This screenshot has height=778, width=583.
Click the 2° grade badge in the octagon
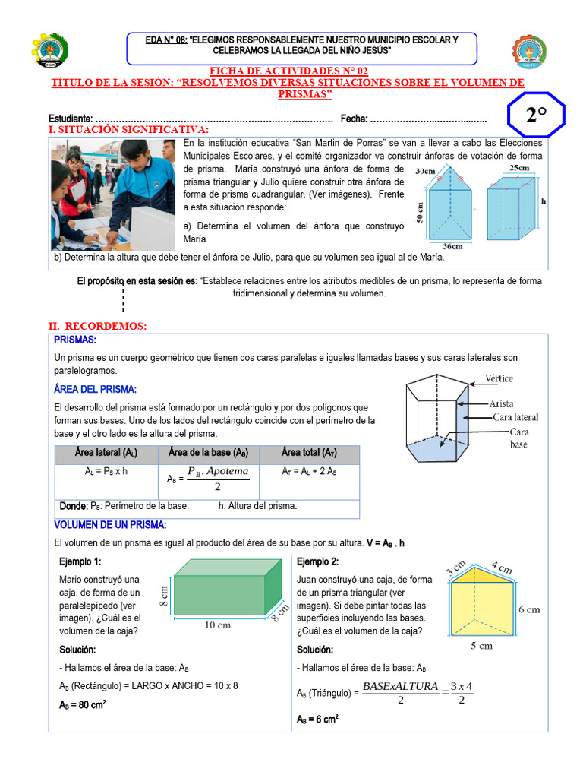tap(536, 115)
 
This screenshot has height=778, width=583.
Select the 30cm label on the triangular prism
tap(426, 172)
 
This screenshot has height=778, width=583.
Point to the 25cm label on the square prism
tap(519, 168)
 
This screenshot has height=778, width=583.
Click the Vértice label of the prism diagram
tap(498, 378)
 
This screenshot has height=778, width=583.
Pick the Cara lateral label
tap(515, 417)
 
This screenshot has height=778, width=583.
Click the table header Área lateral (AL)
tap(106, 453)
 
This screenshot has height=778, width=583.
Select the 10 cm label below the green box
tap(218, 625)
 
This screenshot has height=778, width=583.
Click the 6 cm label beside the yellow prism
tap(529, 609)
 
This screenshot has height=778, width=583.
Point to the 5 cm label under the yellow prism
tap(481, 646)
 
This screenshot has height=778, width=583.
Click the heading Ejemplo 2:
tap(317, 561)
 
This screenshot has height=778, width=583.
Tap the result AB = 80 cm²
tap(83, 704)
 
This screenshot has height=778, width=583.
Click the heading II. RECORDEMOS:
tap(97, 326)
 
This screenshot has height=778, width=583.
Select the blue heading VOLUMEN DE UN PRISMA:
tap(111, 525)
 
